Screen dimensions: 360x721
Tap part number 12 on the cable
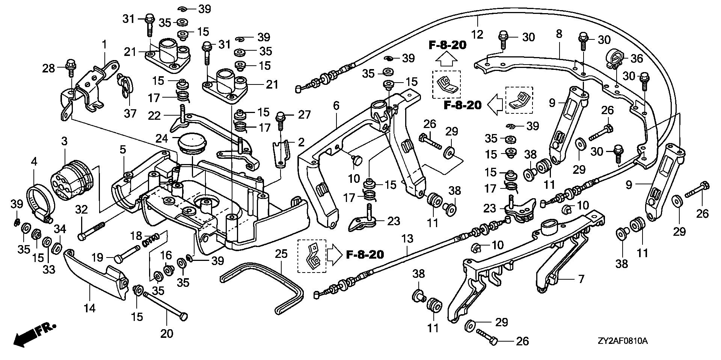[477, 35]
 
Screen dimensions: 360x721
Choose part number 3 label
[64, 142]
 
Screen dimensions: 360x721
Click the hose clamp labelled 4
[39, 199]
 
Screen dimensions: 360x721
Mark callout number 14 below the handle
[89, 308]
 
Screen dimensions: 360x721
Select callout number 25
[281, 254]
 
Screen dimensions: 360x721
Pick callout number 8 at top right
[559, 34]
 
